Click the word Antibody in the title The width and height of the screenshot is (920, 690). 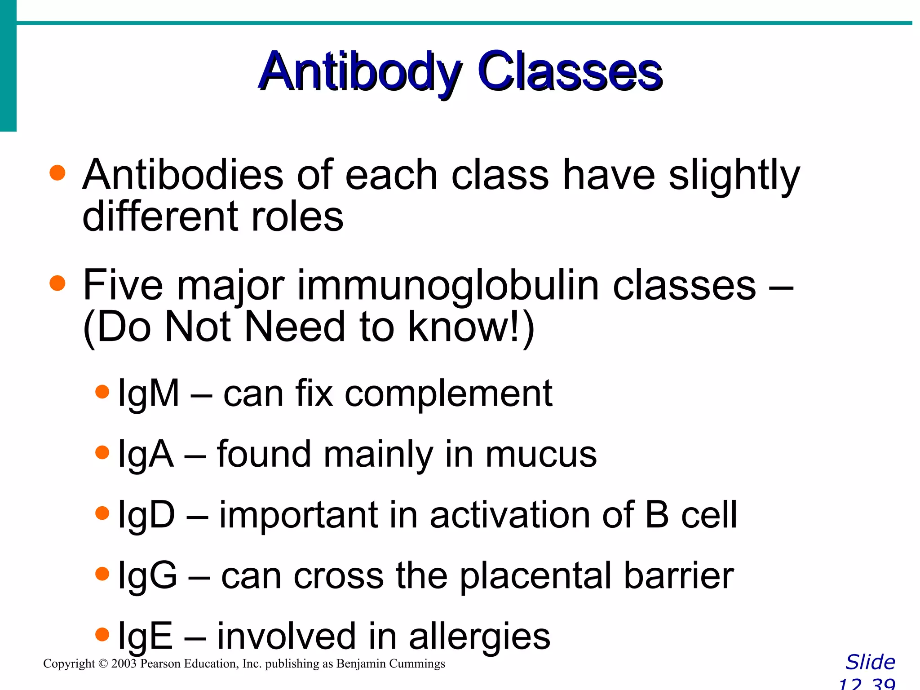pyautogui.click(x=359, y=72)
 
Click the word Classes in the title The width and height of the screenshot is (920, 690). pyautogui.click(x=570, y=72)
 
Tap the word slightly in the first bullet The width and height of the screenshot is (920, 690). pyautogui.click(x=734, y=176)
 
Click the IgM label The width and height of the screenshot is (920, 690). pyautogui.click(x=148, y=394)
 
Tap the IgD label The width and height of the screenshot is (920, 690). pyautogui.click(x=146, y=515)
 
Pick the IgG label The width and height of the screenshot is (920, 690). pyautogui.click(x=147, y=575)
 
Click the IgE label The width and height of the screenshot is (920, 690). pyautogui.click(x=145, y=636)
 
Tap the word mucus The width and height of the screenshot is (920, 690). pyautogui.click(x=541, y=454)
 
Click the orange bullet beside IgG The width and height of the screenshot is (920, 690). pyautogui.click(x=102, y=574)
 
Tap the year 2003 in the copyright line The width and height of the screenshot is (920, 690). pyautogui.click(x=124, y=663)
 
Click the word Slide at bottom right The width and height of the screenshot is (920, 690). pyautogui.click(x=870, y=662)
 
